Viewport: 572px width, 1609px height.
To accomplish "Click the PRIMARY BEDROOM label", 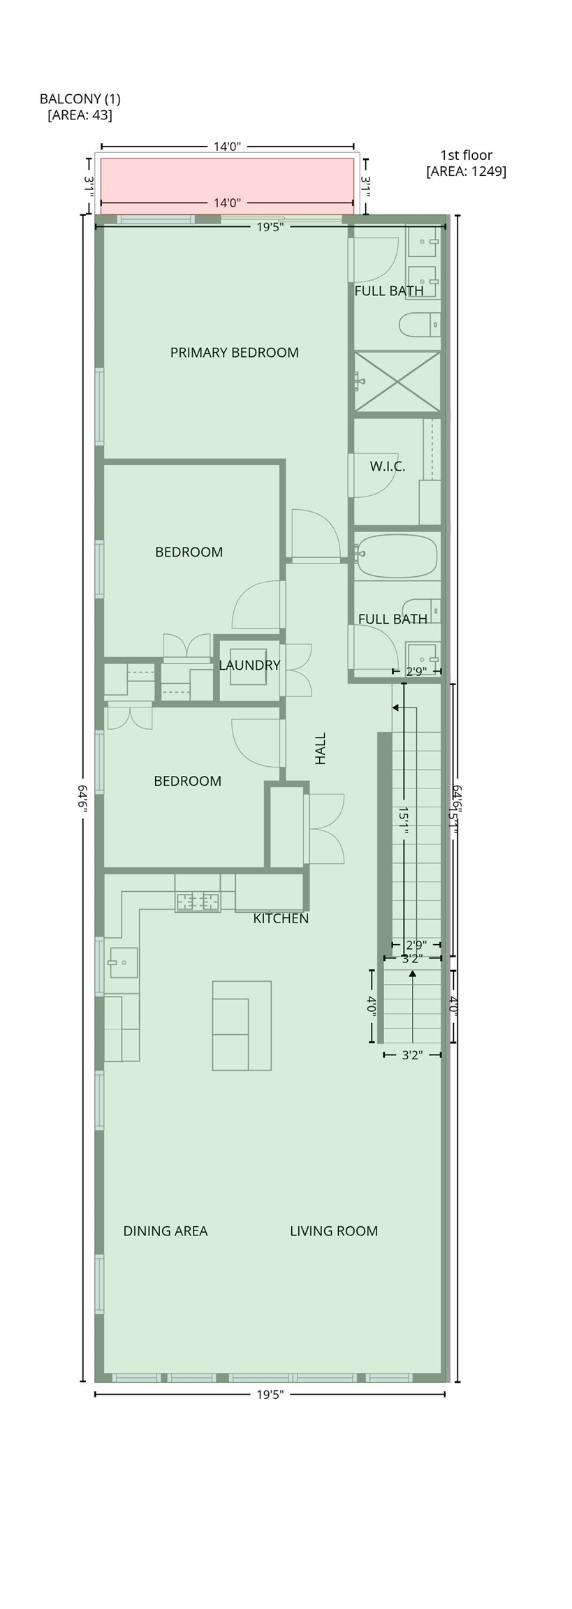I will coord(234,353).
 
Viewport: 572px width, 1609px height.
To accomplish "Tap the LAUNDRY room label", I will coord(249,666).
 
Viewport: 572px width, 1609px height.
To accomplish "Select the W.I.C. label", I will coord(387,466).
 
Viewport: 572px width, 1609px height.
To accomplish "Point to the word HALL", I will coord(320,748).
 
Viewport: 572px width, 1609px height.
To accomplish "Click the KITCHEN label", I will coord(280,918).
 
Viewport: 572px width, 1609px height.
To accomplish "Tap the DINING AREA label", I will coord(165,1231).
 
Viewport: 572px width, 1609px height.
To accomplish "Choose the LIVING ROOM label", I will coord(333,1231).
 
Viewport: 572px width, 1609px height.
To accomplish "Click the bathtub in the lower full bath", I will coord(397,557).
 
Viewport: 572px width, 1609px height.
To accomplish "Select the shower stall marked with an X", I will coord(397,381).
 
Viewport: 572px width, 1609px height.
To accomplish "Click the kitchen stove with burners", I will coord(197,902).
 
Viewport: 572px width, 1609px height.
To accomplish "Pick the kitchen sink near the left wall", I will coord(123,962).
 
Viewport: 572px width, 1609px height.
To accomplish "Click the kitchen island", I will coord(241,1025).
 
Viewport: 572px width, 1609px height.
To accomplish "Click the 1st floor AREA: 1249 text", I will coord(466,171).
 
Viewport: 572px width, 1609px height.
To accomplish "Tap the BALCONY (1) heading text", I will coord(80,99).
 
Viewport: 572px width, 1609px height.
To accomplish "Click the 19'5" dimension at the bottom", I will coord(270,1395).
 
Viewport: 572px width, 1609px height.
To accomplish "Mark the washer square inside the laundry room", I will coord(247,667).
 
